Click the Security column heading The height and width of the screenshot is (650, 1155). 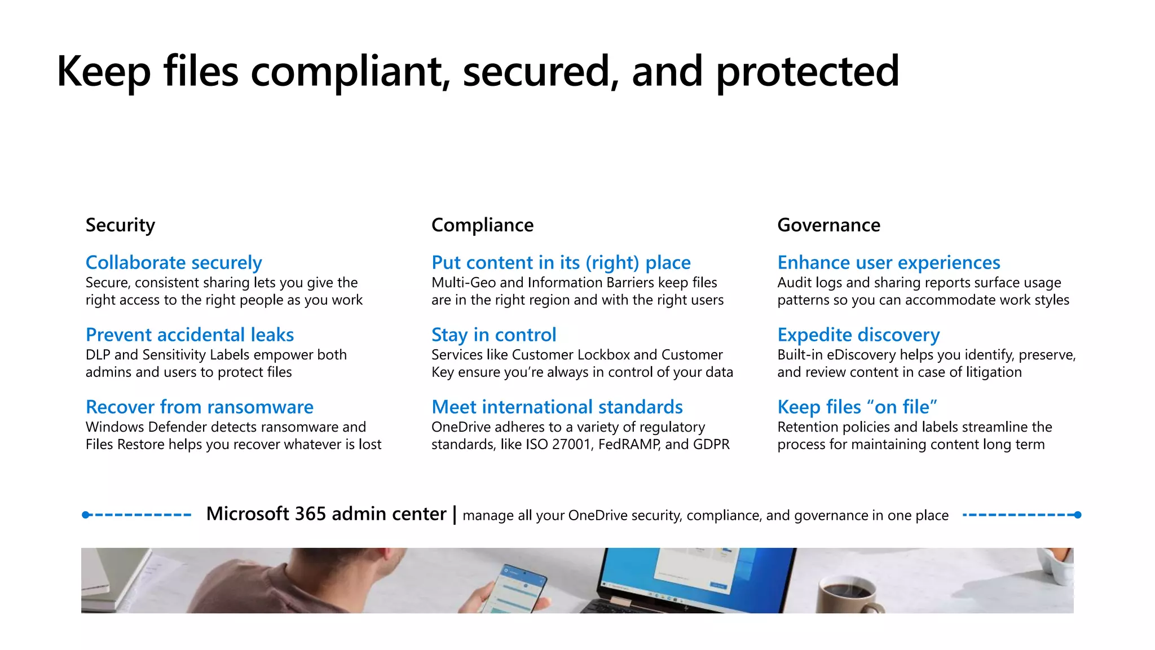[x=120, y=225]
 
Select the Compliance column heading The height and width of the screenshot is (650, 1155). [x=482, y=225]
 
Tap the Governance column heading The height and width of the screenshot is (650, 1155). [x=828, y=225]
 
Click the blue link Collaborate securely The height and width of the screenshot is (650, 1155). [x=174, y=262]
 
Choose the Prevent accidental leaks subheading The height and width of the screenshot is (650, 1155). [x=189, y=335]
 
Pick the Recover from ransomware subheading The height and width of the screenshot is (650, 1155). [x=199, y=407]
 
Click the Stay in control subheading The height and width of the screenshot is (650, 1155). [x=493, y=335]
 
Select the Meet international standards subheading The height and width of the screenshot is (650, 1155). [x=557, y=407]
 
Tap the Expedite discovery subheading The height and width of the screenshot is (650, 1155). [x=858, y=335]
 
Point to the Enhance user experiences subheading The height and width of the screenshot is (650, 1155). [x=888, y=262]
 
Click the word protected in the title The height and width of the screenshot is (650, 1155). [x=807, y=72]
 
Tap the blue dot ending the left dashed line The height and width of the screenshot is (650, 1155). [x=86, y=515]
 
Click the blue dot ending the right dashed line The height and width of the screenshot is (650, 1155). [x=1078, y=515]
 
